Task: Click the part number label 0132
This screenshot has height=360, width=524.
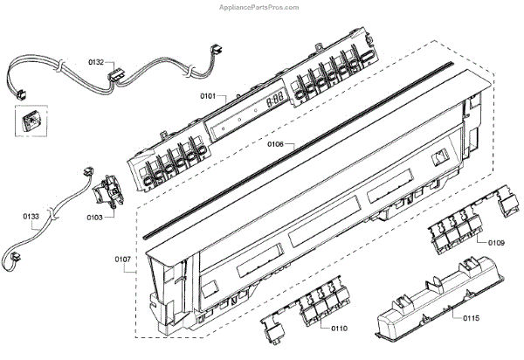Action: click(96, 62)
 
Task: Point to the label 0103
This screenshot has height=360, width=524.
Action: click(94, 216)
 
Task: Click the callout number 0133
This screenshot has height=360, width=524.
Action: click(31, 214)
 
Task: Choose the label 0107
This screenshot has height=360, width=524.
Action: click(124, 259)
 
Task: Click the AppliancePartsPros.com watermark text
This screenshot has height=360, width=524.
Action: click(468, 6)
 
